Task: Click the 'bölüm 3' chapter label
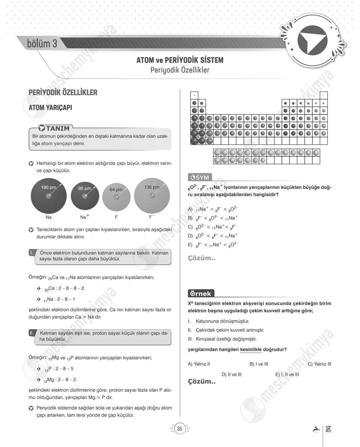pos(42,44)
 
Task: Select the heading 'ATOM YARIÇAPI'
pos(50,108)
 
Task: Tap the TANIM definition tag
pos(54,128)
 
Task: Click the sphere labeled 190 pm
pos(49,196)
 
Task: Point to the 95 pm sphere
pos(85,196)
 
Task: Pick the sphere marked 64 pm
pos(116,197)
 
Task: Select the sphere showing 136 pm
pos(152,196)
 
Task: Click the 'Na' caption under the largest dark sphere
pos(49,217)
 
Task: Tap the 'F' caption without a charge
pos(116,217)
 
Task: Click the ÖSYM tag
pos(200,178)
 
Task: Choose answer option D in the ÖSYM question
pos(213,236)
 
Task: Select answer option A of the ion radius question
pos(213,209)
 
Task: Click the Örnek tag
pos(201,293)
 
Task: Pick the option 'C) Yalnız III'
pos(319,364)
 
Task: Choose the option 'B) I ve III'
pos(259,364)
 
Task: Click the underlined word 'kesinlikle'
pos(251,350)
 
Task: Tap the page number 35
pos(180,429)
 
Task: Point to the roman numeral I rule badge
pos(32,253)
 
